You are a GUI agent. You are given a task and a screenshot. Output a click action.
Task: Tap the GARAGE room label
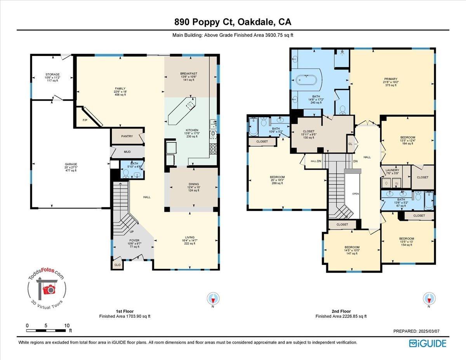pos(71,164)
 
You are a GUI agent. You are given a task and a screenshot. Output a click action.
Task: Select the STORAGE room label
pos(52,74)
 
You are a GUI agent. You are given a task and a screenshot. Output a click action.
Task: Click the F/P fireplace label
pos(85,120)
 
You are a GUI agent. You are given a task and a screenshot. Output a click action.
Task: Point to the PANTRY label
pos(127,136)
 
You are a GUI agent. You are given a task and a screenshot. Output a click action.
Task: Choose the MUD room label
pos(127,152)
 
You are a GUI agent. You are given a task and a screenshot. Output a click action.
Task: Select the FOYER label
pos(134,240)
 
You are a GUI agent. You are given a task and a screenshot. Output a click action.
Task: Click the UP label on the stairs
pos(132,231)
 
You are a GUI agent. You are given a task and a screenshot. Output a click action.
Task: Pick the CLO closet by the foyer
pos(117,265)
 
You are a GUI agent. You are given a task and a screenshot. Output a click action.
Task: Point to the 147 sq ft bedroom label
pos(351,247)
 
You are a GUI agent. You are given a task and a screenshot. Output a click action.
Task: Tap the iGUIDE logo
pos(428,343)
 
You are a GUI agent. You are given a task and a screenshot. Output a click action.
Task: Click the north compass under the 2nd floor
pos(429,299)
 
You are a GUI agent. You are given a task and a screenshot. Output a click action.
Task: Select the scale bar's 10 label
pos(66,325)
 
